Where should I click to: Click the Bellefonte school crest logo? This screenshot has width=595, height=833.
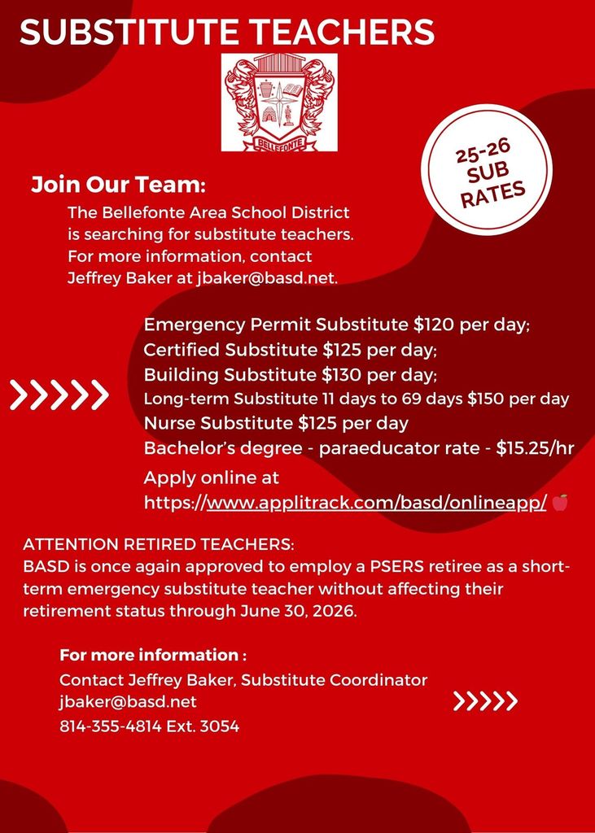[x=279, y=102]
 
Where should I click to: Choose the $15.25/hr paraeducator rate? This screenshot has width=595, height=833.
[x=535, y=447]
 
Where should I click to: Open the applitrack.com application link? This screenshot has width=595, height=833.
[x=376, y=503]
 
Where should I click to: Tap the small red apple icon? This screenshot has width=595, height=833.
[x=560, y=503]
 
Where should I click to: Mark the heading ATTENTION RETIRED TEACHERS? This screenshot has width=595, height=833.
[x=159, y=543]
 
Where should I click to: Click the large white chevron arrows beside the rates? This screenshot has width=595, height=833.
[x=59, y=395]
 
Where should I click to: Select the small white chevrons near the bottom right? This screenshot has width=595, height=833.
[x=485, y=701]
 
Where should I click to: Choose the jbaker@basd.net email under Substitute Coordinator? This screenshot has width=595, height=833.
[x=128, y=701]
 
